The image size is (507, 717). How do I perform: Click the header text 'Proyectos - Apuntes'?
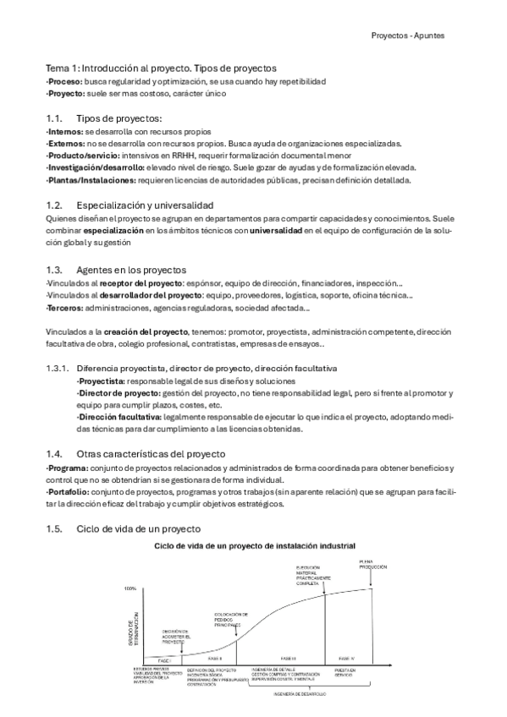(x=408, y=36)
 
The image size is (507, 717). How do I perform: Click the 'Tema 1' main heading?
(x=161, y=68)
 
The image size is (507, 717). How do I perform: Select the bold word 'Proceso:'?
(x=63, y=81)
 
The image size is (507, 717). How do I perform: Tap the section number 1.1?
(x=54, y=118)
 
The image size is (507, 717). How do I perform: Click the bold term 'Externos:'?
(x=65, y=144)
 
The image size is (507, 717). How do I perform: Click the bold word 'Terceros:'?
(x=63, y=308)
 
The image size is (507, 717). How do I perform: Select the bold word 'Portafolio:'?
(x=68, y=493)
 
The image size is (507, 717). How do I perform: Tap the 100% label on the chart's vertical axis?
(x=130, y=588)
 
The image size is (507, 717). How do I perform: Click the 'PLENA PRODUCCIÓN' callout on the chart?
(x=366, y=565)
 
